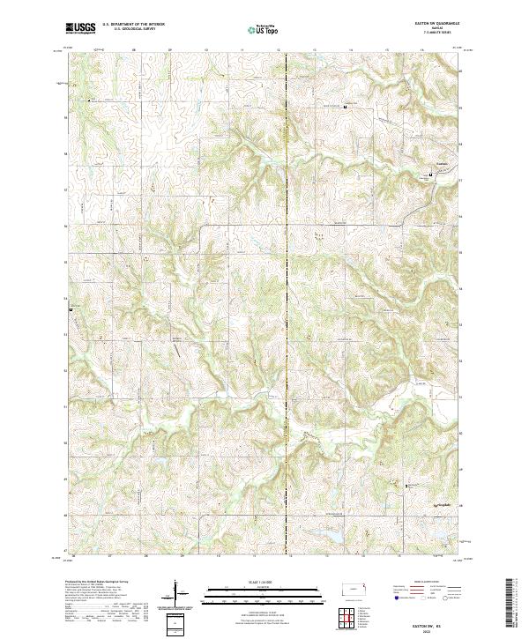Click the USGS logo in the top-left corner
(79, 30)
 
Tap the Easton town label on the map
(443, 164)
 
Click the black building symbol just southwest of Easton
(430, 175)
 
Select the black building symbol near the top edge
(345, 107)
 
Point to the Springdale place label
(449, 503)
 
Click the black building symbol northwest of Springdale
(406, 485)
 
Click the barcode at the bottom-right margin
(515, 606)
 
